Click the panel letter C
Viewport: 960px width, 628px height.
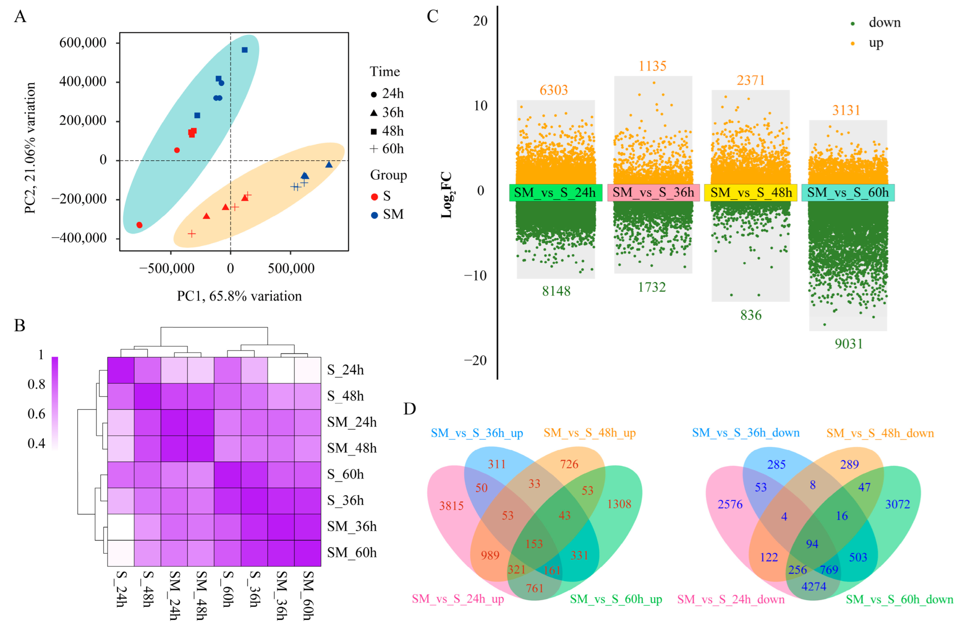click(432, 17)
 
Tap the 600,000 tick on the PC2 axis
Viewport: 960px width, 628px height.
click(83, 43)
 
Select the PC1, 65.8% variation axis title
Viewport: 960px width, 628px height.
click(239, 296)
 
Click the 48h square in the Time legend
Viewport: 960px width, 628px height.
click(374, 131)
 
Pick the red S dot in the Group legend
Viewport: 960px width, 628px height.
click(374, 197)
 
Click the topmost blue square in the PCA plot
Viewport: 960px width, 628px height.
click(244, 50)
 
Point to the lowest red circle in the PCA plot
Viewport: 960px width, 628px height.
click(139, 225)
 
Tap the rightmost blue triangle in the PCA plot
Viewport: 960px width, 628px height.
click(329, 165)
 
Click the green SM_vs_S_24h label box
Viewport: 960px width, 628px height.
click(555, 193)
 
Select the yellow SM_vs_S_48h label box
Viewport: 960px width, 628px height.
click(751, 193)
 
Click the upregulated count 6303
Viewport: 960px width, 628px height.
click(554, 90)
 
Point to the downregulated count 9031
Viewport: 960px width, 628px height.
click(849, 344)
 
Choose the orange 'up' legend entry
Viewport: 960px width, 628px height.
click(876, 43)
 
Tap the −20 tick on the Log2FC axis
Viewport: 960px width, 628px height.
click(476, 361)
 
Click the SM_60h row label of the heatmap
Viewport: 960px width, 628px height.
click(352, 552)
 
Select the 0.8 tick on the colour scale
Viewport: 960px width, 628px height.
click(36, 384)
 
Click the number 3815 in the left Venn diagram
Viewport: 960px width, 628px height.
click(451, 506)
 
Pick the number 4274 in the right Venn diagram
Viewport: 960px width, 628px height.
click(814, 587)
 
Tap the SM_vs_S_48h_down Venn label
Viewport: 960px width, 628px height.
click(880, 433)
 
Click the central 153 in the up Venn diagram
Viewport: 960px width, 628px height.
click(534, 544)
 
